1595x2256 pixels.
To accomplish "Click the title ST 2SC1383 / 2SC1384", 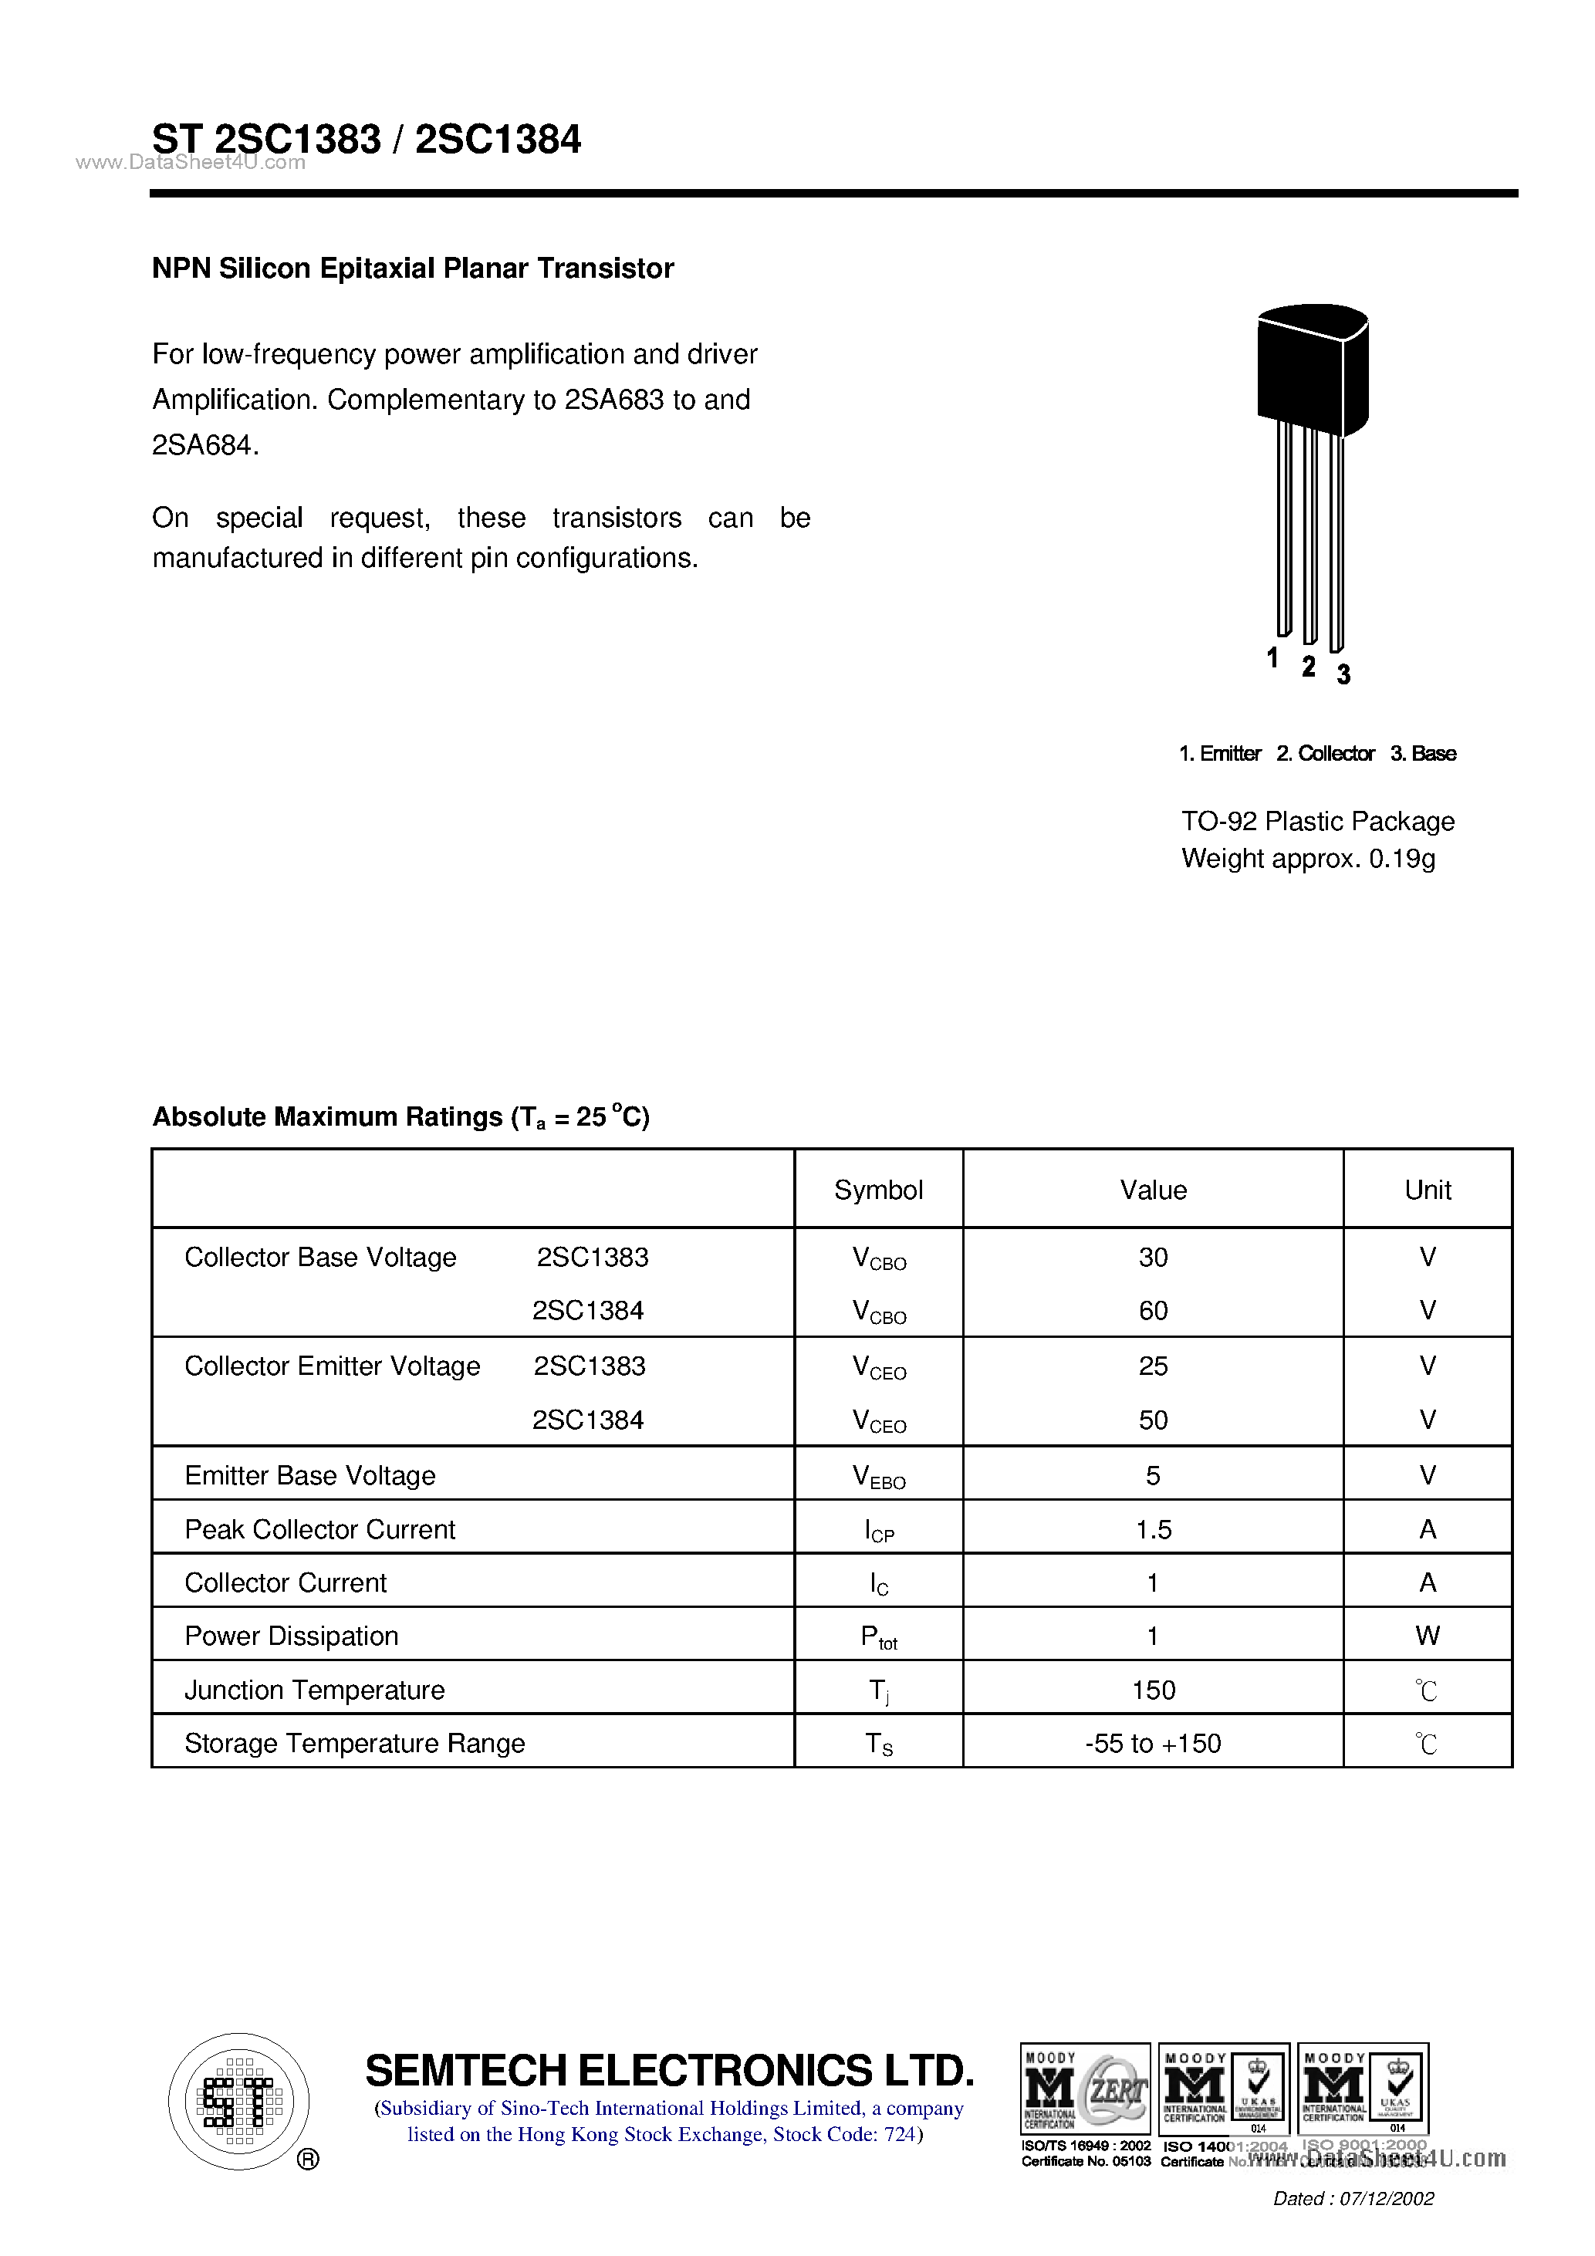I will (366, 140).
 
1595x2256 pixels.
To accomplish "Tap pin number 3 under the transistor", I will (1343, 674).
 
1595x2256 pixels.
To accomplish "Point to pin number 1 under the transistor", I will (1272, 657).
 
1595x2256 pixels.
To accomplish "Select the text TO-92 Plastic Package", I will (1317, 822).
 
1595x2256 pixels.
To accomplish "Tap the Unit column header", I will (1427, 1190).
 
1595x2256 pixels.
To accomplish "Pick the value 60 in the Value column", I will (1153, 1311).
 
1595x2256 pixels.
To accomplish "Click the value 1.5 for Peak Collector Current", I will (1153, 1529).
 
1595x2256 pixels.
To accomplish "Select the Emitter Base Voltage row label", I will (309, 1475).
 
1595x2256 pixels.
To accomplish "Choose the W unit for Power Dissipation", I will (1427, 1636).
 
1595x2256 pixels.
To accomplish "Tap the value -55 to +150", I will (1153, 1743).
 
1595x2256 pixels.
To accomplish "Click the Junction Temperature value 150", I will (1153, 1690).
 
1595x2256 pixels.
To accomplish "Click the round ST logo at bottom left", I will (238, 2101).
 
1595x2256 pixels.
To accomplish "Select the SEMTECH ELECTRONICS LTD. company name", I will (669, 2070).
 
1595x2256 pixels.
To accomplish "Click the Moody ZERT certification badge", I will (1085, 2088).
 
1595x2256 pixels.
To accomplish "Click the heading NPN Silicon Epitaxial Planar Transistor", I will (413, 268).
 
